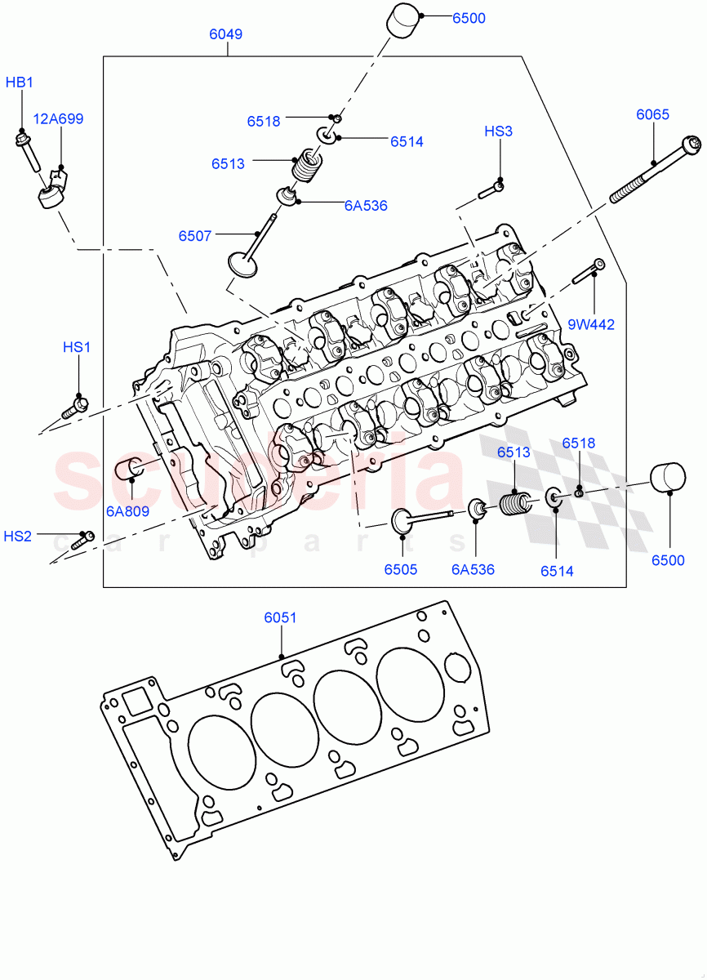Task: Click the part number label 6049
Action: click(225, 34)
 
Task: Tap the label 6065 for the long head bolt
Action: click(652, 114)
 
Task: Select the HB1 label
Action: click(20, 82)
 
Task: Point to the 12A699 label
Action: click(58, 118)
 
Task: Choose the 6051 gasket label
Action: click(280, 617)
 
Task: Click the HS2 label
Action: click(17, 536)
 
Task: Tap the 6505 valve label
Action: click(401, 569)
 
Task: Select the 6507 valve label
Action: click(195, 236)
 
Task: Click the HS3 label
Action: click(498, 131)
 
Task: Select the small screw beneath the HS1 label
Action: click(73, 406)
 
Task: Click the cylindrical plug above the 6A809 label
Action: click(131, 470)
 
